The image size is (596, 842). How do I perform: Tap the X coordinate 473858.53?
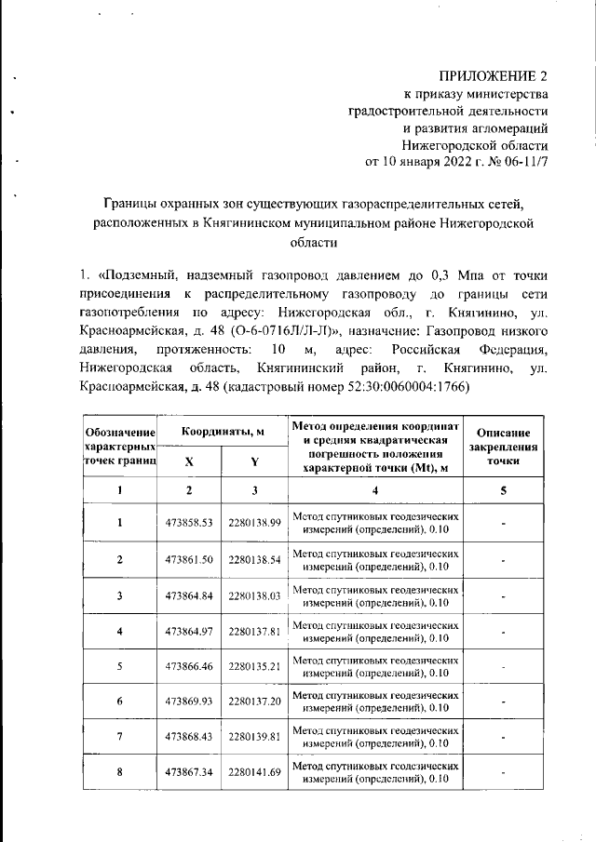pyautogui.click(x=189, y=523)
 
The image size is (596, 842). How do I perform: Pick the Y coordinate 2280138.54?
pyautogui.click(x=254, y=559)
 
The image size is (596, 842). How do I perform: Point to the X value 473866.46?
pyautogui.click(x=189, y=667)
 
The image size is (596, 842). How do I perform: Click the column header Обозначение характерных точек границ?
pyautogui.click(x=119, y=447)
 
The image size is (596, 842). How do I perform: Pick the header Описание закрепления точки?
pyautogui.click(x=503, y=447)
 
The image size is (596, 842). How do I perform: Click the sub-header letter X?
pyautogui.click(x=189, y=462)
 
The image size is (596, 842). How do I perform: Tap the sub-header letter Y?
pyautogui.click(x=254, y=462)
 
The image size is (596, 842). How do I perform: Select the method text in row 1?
pyautogui.click(x=375, y=523)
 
